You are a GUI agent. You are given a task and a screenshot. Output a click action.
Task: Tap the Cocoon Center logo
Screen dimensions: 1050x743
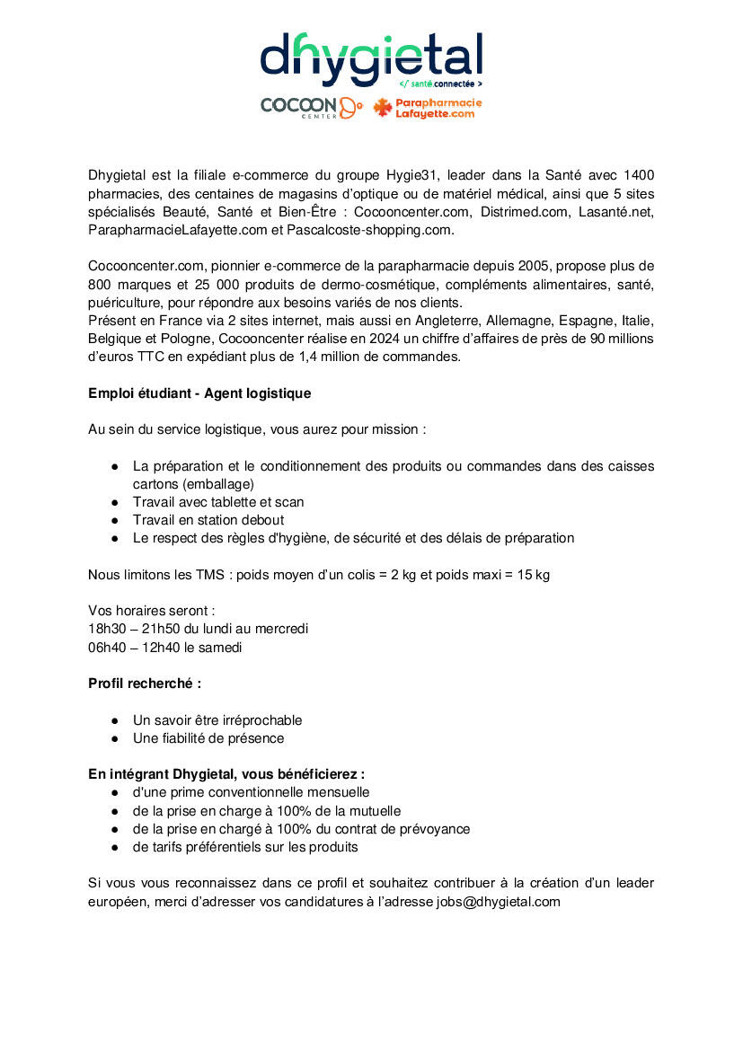[311, 108]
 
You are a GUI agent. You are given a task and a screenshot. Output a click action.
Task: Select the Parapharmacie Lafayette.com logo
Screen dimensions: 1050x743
[428, 108]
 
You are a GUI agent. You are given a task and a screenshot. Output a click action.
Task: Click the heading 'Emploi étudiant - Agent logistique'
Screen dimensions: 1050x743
[199, 393]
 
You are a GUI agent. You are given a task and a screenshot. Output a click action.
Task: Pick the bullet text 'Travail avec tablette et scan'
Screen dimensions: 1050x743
[218, 502]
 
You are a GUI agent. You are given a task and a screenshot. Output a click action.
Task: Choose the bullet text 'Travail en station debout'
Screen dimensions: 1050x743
[208, 520]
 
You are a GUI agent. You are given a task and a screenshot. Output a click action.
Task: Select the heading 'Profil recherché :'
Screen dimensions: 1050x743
[145, 684]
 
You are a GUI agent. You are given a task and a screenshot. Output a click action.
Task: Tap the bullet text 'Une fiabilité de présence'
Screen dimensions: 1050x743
[208, 738]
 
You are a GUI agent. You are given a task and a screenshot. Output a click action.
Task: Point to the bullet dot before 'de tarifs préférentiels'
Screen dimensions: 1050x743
[116, 847]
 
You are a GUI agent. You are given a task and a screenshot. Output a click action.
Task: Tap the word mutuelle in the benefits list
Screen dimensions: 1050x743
[372, 811]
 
